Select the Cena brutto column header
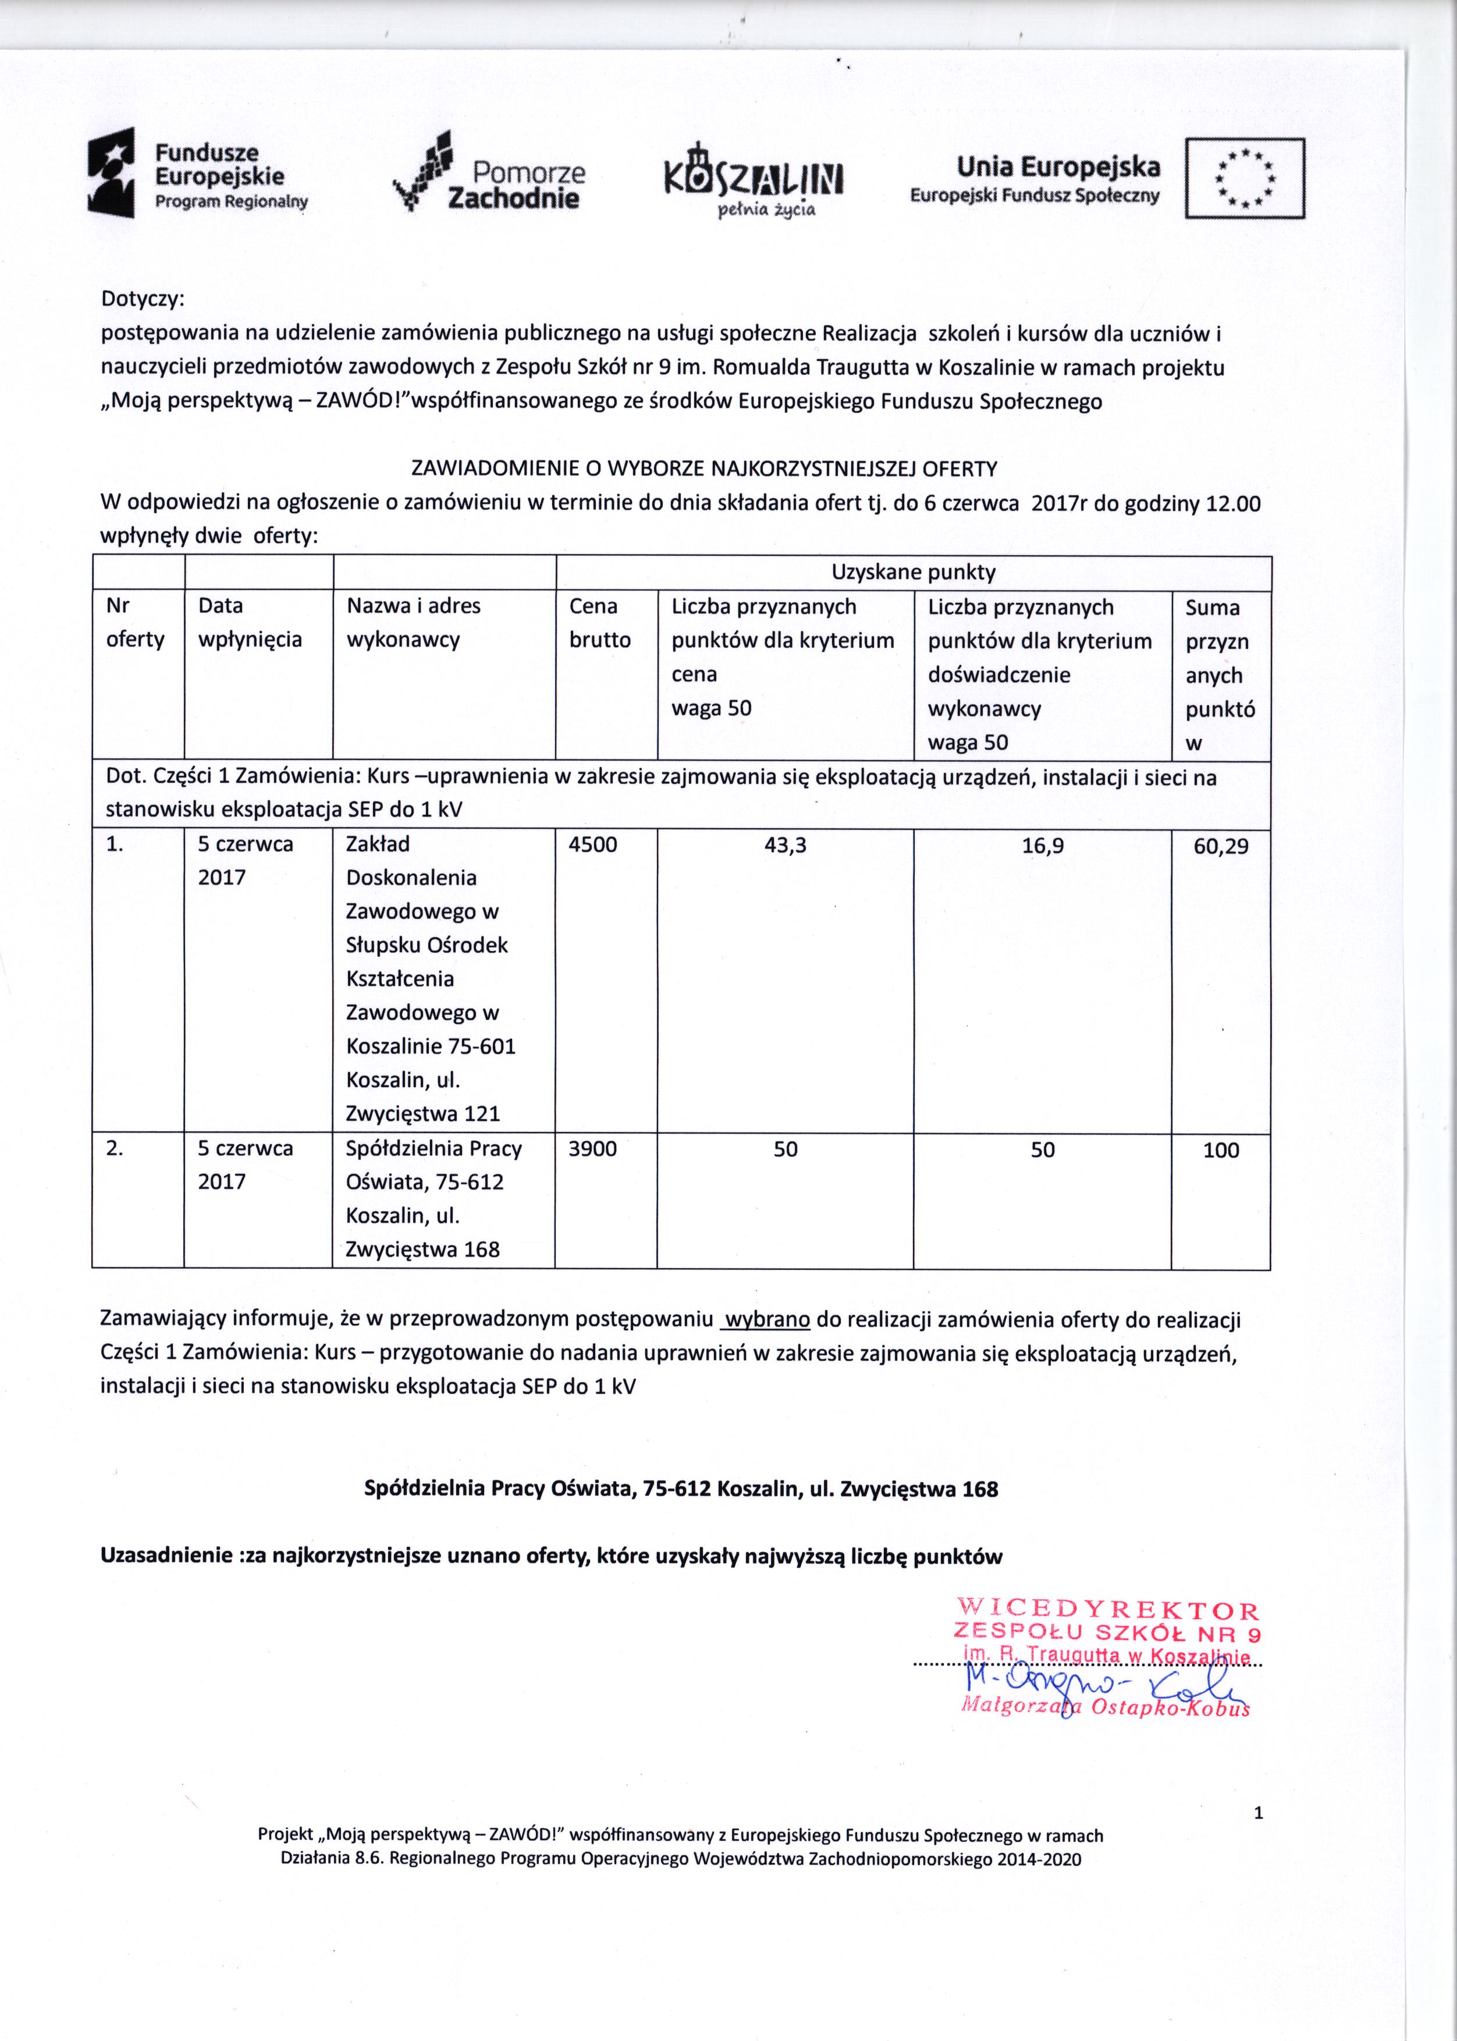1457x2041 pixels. click(599, 623)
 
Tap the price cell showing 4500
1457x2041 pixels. click(593, 844)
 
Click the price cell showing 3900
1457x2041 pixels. click(593, 1148)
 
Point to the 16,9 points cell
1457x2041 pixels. click(1043, 844)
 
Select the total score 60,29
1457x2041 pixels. click(1220, 845)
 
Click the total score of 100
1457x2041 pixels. click(1220, 1150)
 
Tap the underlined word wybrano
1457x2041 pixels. click(767, 1320)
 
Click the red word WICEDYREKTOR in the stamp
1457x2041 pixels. click(1108, 1609)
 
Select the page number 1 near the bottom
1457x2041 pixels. click(1258, 1813)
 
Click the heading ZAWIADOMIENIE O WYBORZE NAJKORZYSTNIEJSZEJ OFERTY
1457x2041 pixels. click(703, 468)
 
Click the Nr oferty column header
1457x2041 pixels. click(134, 623)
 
